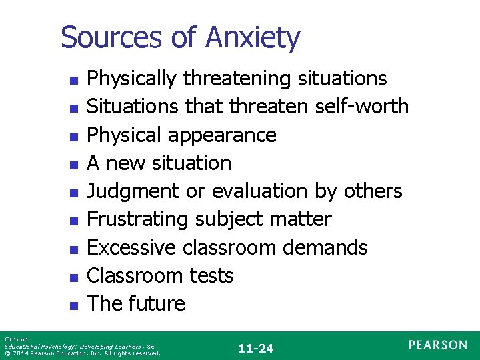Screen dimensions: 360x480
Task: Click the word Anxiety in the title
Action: pos(253,38)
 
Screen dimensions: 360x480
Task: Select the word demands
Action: pos(325,247)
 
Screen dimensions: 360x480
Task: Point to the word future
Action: pos(157,303)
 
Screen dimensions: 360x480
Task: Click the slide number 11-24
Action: pos(255,348)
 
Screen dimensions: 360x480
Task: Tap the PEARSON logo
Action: pos(438,345)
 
